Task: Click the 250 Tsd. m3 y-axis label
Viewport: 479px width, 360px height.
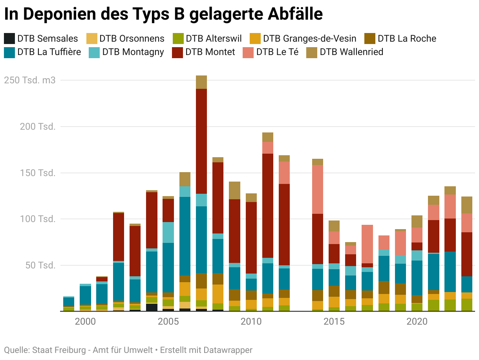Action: [30, 80]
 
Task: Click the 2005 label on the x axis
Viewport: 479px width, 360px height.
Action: [168, 322]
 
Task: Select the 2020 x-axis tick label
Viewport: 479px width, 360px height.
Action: [417, 322]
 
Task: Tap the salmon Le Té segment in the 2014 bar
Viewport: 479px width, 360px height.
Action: [318, 189]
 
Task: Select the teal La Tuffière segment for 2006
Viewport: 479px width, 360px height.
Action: [185, 236]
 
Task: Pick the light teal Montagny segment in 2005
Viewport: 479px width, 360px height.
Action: [168, 232]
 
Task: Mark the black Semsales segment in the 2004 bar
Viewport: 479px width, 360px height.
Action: [152, 307]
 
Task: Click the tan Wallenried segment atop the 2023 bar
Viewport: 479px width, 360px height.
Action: [467, 205]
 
